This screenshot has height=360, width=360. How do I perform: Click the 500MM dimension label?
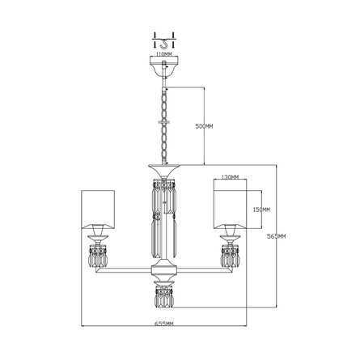point(204,126)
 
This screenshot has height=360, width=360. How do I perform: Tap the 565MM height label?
point(276,236)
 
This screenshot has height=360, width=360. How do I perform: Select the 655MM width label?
point(164,324)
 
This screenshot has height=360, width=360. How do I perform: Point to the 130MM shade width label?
point(230,177)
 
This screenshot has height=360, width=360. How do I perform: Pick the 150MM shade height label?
point(261,210)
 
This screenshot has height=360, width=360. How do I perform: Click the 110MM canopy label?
point(164,54)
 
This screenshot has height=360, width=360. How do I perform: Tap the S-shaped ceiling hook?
point(163,44)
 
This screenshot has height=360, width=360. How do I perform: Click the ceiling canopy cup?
point(164,66)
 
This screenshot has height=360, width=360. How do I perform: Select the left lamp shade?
point(98,210)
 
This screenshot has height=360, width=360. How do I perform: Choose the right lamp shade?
point(230,210)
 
